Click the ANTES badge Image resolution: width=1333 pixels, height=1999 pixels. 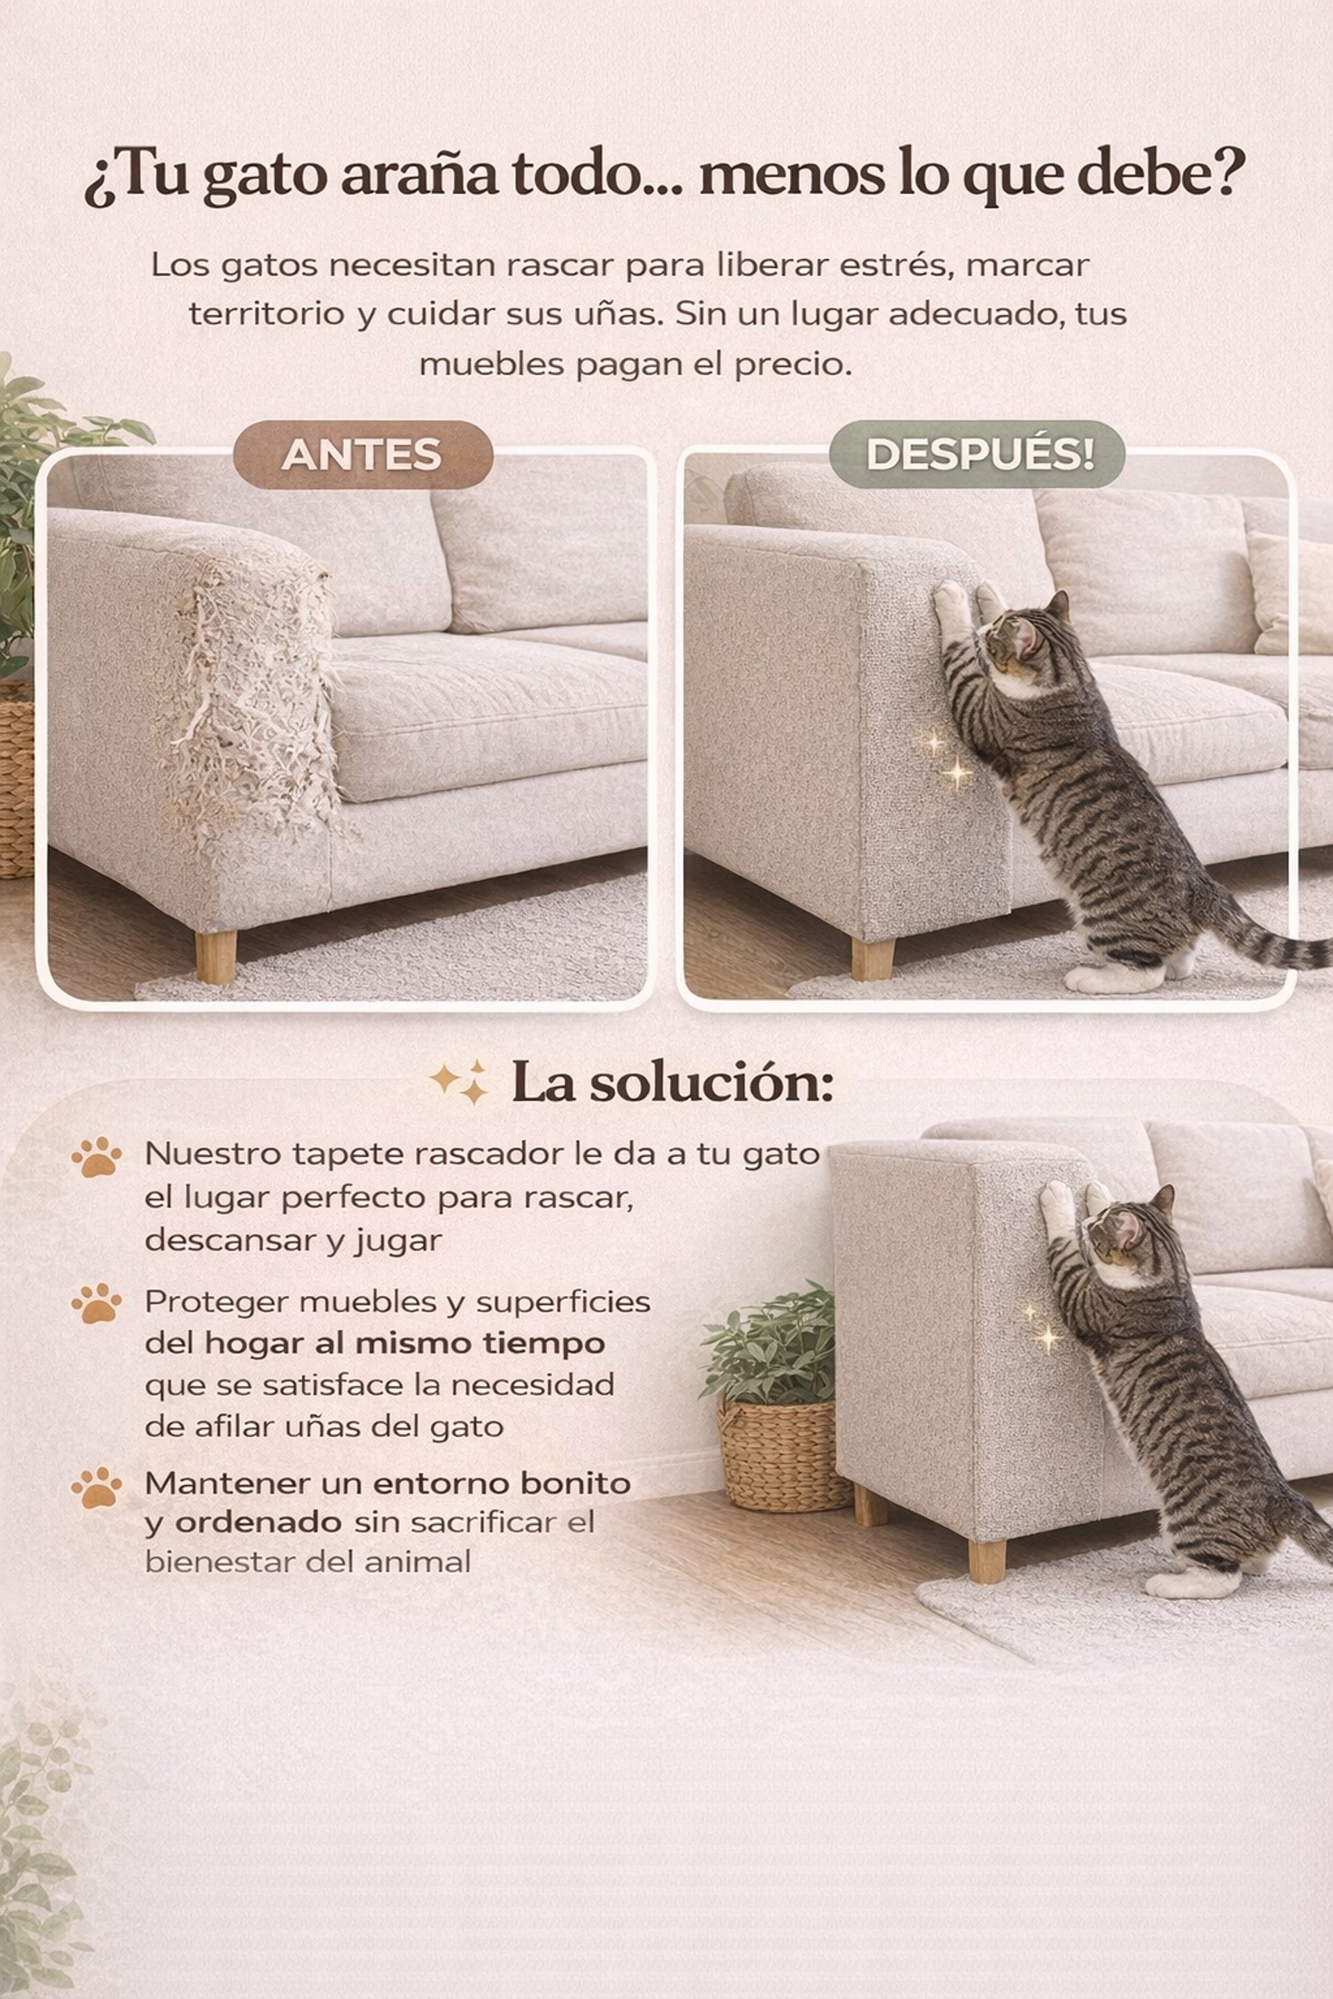(363, 455)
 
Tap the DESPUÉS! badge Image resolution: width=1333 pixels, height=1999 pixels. (977, 455)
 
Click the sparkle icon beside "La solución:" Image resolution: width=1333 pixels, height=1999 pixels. (460, 1081)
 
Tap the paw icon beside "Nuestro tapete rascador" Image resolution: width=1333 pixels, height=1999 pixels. (96, 1157)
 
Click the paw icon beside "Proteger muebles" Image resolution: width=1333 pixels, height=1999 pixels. (96, 1304)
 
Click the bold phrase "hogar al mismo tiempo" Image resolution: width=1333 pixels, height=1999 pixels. (405, 1344)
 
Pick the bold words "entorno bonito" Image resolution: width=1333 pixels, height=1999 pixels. (501, 1483)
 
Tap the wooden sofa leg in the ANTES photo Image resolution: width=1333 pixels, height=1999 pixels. (216, 956)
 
